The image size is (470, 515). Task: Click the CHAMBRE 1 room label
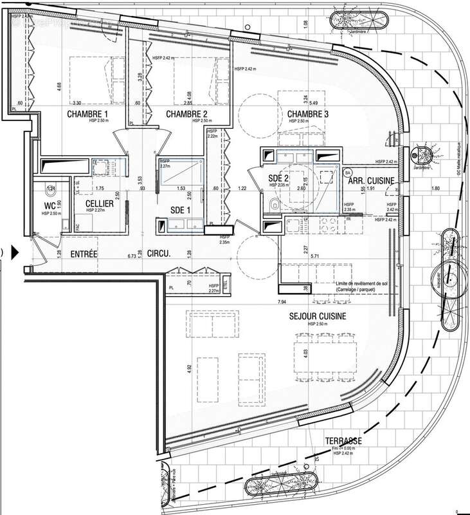[x=87, y=115]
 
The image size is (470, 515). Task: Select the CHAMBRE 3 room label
[x=308, y=115]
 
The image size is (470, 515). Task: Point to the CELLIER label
[x=100, y=203]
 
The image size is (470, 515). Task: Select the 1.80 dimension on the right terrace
[x=436, y=188]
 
